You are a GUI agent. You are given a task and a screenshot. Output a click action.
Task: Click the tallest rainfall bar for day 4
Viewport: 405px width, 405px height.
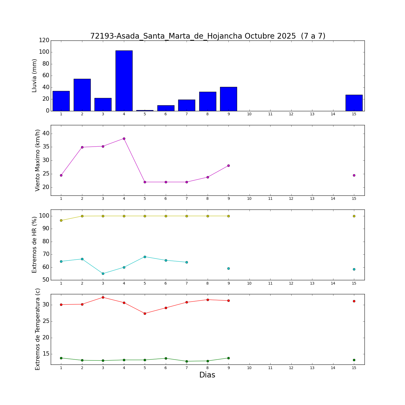click(x=124, y=81)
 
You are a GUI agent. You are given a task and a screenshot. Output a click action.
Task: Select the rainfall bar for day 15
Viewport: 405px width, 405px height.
click(x=354, y=103)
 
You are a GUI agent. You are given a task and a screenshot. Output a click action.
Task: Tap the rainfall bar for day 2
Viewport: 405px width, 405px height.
click(x=82, y=95)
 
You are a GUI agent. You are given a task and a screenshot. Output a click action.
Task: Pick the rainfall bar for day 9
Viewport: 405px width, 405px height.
click(x=228, y=99)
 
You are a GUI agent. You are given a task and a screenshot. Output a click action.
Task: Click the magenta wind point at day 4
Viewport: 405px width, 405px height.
click(x=124, y=139)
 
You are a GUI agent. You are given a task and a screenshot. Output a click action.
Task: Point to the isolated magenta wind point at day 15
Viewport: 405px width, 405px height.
click(x=354, y=175)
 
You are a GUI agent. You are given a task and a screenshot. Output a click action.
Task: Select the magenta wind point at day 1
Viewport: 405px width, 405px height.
click(x=61, y=175)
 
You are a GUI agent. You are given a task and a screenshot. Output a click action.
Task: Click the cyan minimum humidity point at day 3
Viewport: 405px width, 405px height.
click(x=103, y=274)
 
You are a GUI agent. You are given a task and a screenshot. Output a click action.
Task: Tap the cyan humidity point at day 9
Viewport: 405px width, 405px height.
click(x=228, y=268)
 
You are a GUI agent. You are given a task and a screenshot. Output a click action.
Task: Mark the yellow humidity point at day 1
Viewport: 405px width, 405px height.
click(x=61, y=220)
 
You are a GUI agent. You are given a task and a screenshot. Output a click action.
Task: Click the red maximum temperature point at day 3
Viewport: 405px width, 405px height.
click(x=103, y=297)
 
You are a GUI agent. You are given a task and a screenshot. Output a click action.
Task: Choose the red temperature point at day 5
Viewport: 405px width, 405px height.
click(x=145, y=313)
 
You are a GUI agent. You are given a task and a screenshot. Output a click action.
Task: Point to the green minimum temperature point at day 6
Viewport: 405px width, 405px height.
click(x=166, y=358)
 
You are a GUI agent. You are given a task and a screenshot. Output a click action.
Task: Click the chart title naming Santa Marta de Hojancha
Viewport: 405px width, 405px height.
click(x=208, y=36)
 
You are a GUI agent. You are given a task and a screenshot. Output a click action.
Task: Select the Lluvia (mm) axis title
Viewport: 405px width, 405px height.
click(x=34, y=76)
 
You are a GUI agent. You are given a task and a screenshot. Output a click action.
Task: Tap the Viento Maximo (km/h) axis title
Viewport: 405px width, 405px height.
click(x=38, y=160)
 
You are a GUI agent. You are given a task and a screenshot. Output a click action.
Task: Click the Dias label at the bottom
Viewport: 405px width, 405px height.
click(x=207, y=375)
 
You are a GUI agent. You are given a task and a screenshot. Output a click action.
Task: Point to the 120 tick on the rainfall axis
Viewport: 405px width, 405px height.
click(x=44, y=40)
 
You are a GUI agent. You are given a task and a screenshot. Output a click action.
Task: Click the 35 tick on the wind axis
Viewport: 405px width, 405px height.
click(x=45, y=147)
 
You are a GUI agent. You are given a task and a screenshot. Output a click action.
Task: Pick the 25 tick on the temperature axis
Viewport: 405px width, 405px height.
click(x=45, y=321)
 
